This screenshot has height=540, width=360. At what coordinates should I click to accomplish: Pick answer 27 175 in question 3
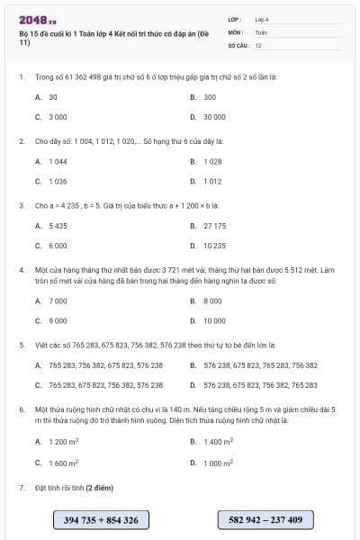[x=214, y=225]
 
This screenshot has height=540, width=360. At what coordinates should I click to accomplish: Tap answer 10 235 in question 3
[x=214, y=246]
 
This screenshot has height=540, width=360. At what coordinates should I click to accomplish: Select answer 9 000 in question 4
[x=58, y=320]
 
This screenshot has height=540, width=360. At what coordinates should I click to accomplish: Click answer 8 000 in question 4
[x=212, y=301]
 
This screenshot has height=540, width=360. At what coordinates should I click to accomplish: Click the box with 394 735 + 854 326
[x=101, y=519]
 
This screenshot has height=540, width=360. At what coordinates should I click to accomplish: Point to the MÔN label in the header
[x=236, y=31]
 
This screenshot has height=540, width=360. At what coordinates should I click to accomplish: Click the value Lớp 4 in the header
[x=262, y=18]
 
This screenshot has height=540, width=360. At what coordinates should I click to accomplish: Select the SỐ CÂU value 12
[x=258, y=44]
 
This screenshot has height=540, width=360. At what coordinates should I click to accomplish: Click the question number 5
[x=21, y=345]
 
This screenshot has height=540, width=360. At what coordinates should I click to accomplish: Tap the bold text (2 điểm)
[x=100, y=487]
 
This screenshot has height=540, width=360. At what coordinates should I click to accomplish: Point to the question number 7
[x=21, y=487]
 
